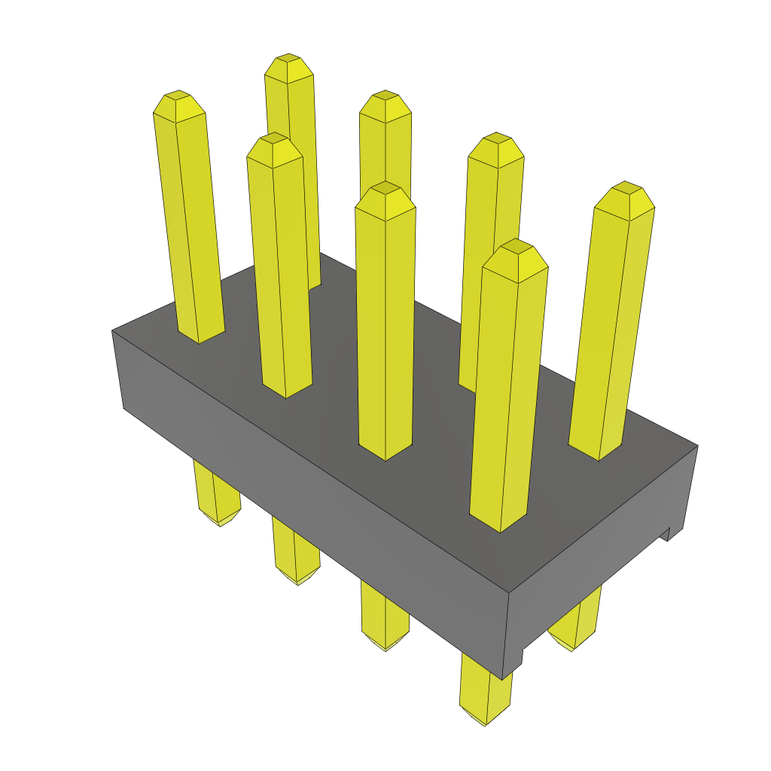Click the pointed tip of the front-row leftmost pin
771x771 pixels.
[178, 96]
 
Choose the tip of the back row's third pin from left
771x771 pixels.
[495, 137]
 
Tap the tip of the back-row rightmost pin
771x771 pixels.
[624, 187]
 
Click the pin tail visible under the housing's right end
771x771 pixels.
[576, 625]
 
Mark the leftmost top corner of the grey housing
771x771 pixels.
[112, 331]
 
